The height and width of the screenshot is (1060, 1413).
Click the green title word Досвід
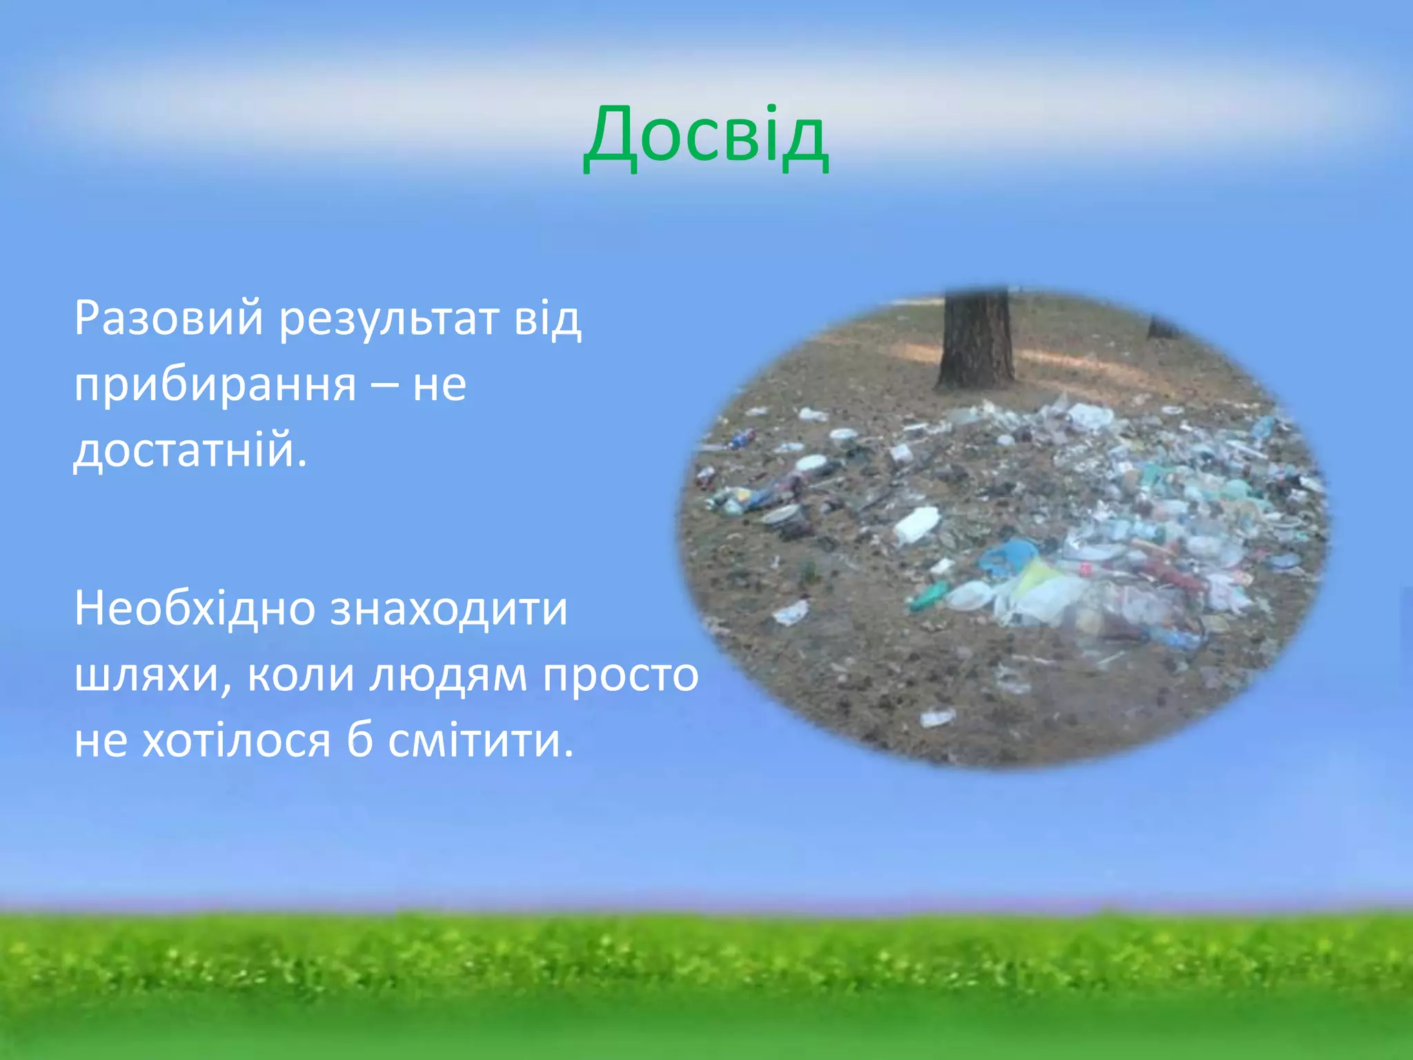705,138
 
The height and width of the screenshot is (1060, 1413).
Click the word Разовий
168,319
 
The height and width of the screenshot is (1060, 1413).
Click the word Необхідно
194,609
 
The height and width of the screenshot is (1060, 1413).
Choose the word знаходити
448,610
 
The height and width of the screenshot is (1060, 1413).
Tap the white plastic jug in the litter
918,524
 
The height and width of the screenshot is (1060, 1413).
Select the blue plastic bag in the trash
1009,556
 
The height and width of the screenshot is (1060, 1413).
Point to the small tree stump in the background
1160,327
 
